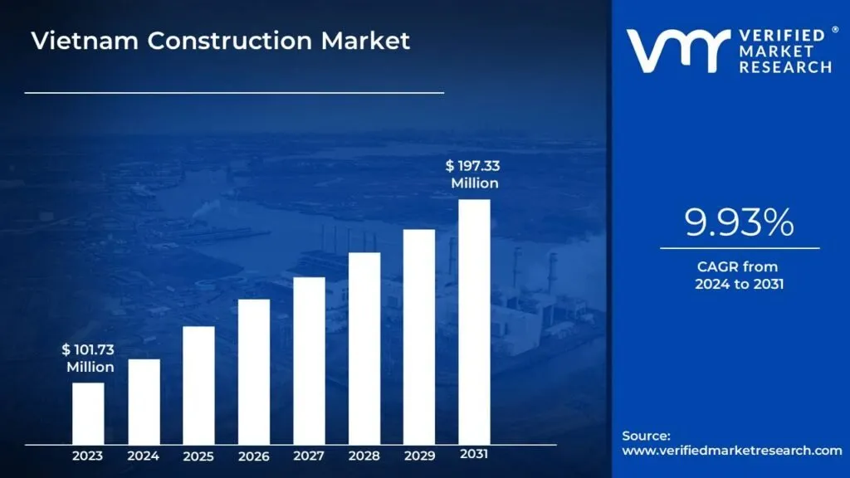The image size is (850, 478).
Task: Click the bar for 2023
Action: [x=88, y=412]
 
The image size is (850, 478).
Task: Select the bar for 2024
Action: [x=144, y=401]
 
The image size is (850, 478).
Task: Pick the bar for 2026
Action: [x=254, y=371]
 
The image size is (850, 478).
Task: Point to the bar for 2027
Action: [x=309, y=360]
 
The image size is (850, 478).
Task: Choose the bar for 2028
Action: [x=364, y=348]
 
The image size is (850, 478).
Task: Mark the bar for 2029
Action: [x=419, y=336]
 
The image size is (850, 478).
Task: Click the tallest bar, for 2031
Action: [x=474, y=321]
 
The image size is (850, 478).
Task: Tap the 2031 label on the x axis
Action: [x=474, y=455]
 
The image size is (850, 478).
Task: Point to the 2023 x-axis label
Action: [x=88, y=456]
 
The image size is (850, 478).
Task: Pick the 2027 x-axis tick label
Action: [x=309, y=456]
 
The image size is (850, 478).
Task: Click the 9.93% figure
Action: [x=739, y=222]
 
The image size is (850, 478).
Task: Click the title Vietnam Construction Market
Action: [x=221, y=41]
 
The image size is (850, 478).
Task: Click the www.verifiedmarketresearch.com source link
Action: [x=731, y=451]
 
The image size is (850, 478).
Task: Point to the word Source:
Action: [x=646, y=435]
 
